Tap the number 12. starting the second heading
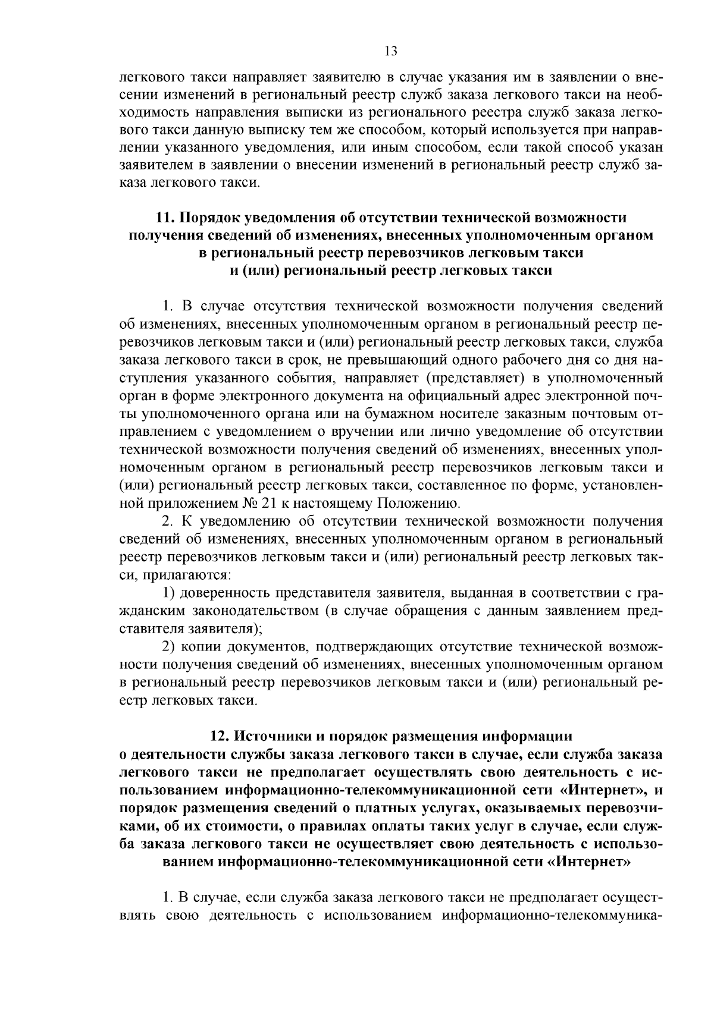coord(221,736)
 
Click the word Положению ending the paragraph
coord(417,504)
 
